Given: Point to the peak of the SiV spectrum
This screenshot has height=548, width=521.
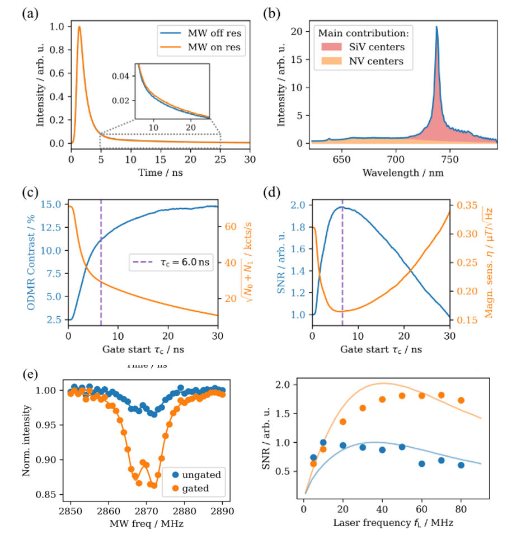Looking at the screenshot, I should coord(436,35).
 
